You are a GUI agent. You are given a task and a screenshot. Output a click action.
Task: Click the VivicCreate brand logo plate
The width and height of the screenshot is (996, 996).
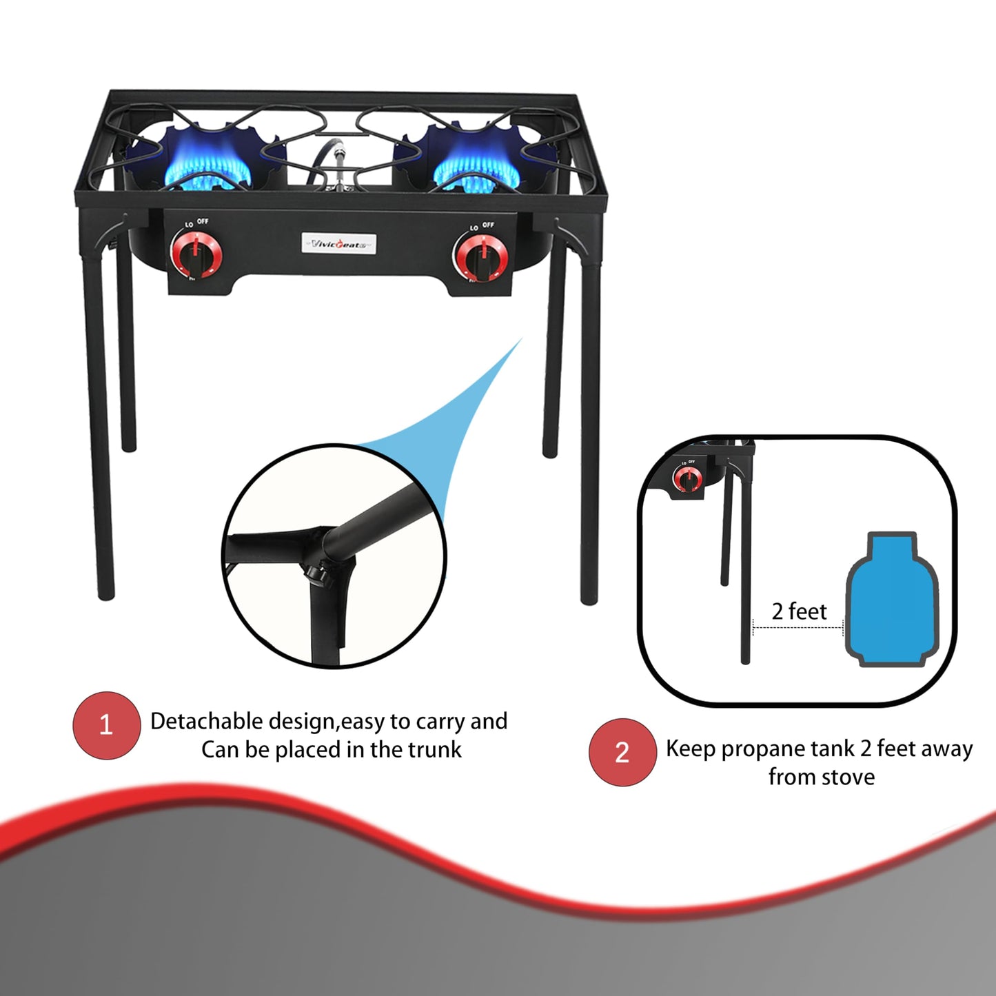click(338, 243)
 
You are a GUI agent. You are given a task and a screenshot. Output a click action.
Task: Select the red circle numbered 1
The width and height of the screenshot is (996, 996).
click(106, 725)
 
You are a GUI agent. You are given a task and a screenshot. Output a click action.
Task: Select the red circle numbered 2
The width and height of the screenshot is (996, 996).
click(622, 753)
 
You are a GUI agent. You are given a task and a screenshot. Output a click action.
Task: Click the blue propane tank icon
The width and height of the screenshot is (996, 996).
click(892, 600)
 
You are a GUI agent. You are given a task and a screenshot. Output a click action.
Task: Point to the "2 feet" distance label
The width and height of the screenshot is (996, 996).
click(799, 611)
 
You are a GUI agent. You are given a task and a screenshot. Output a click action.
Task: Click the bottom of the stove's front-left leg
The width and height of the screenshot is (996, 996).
click(105, 594)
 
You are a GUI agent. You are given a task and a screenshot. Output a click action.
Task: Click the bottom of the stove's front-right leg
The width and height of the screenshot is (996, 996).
click(589, 598)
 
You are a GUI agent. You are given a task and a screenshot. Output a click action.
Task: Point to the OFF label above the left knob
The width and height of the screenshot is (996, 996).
click(203, 221)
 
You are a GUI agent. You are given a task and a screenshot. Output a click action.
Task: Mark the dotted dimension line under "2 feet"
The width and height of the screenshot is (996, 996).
click(798, 627)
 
